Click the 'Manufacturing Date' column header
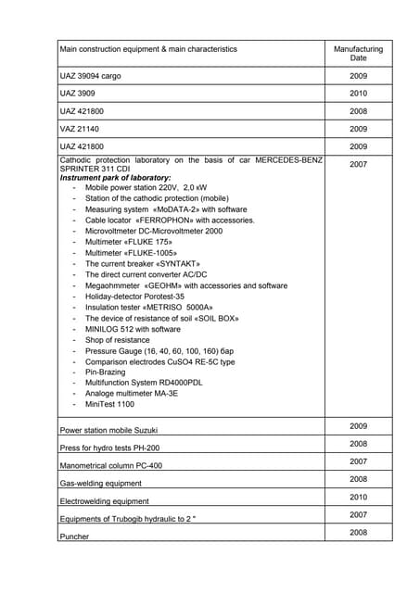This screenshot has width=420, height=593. [358, 53]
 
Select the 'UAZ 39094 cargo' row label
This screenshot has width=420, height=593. [90, 75]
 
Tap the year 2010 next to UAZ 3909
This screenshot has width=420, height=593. [358, 94]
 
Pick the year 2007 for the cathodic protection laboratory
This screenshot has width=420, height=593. [358, 164]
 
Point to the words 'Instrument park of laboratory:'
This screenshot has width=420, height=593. [115, 177]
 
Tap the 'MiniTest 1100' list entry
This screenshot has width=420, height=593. [109, 404]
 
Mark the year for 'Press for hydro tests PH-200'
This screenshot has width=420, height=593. [358, 444]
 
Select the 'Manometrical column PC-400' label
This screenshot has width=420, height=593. [110, 466]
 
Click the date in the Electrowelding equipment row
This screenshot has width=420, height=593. [358, 497]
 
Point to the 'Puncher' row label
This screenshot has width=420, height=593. [74, 536]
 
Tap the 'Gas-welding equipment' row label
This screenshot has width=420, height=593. [100, 484]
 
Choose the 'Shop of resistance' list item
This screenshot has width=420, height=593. [117, 339]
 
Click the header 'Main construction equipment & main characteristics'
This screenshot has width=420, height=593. [147, 49]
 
